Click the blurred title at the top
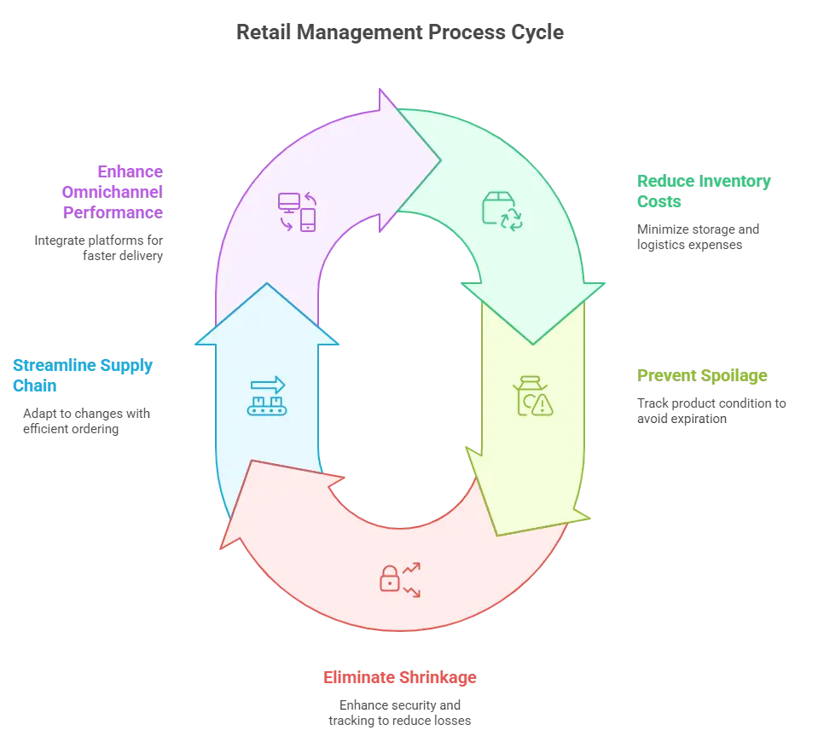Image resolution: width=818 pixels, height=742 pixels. click(398, 33)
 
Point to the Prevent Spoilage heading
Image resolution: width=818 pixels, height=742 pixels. click(701, 376)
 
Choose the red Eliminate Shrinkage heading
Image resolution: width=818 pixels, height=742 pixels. click(399, 679)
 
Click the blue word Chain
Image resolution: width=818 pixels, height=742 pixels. click(34, 387)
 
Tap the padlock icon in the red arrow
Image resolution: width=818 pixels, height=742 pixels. click(390, 578)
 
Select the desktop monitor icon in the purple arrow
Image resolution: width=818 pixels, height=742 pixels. click(289, 203)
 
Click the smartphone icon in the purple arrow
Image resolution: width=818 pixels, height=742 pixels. click(308, 220)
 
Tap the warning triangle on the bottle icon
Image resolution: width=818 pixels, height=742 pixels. click(542, 407)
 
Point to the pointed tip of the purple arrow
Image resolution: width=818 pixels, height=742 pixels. click(438, 159)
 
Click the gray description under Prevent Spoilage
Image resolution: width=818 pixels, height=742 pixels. click(713, 409)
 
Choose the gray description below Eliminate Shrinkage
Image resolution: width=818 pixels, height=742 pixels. click(401, 714)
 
